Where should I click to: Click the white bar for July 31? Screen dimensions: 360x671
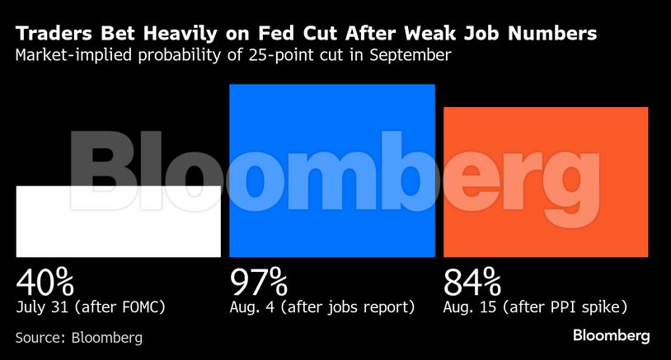click(118, 221)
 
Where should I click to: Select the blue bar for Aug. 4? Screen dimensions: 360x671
click(331, 171)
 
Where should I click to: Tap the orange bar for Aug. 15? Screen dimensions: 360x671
click(546, 181)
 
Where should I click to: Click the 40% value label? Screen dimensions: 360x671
click(45, 283)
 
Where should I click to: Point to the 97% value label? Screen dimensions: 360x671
click(258, 283)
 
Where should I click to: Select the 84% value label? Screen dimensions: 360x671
click(472, 283)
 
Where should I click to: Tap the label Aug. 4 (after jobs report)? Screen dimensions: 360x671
click(321, 308)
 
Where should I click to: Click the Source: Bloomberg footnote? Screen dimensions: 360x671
click(78, 337)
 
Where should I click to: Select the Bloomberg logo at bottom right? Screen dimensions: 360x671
click(612, 335)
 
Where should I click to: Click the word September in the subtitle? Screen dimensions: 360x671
click(415, 57)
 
